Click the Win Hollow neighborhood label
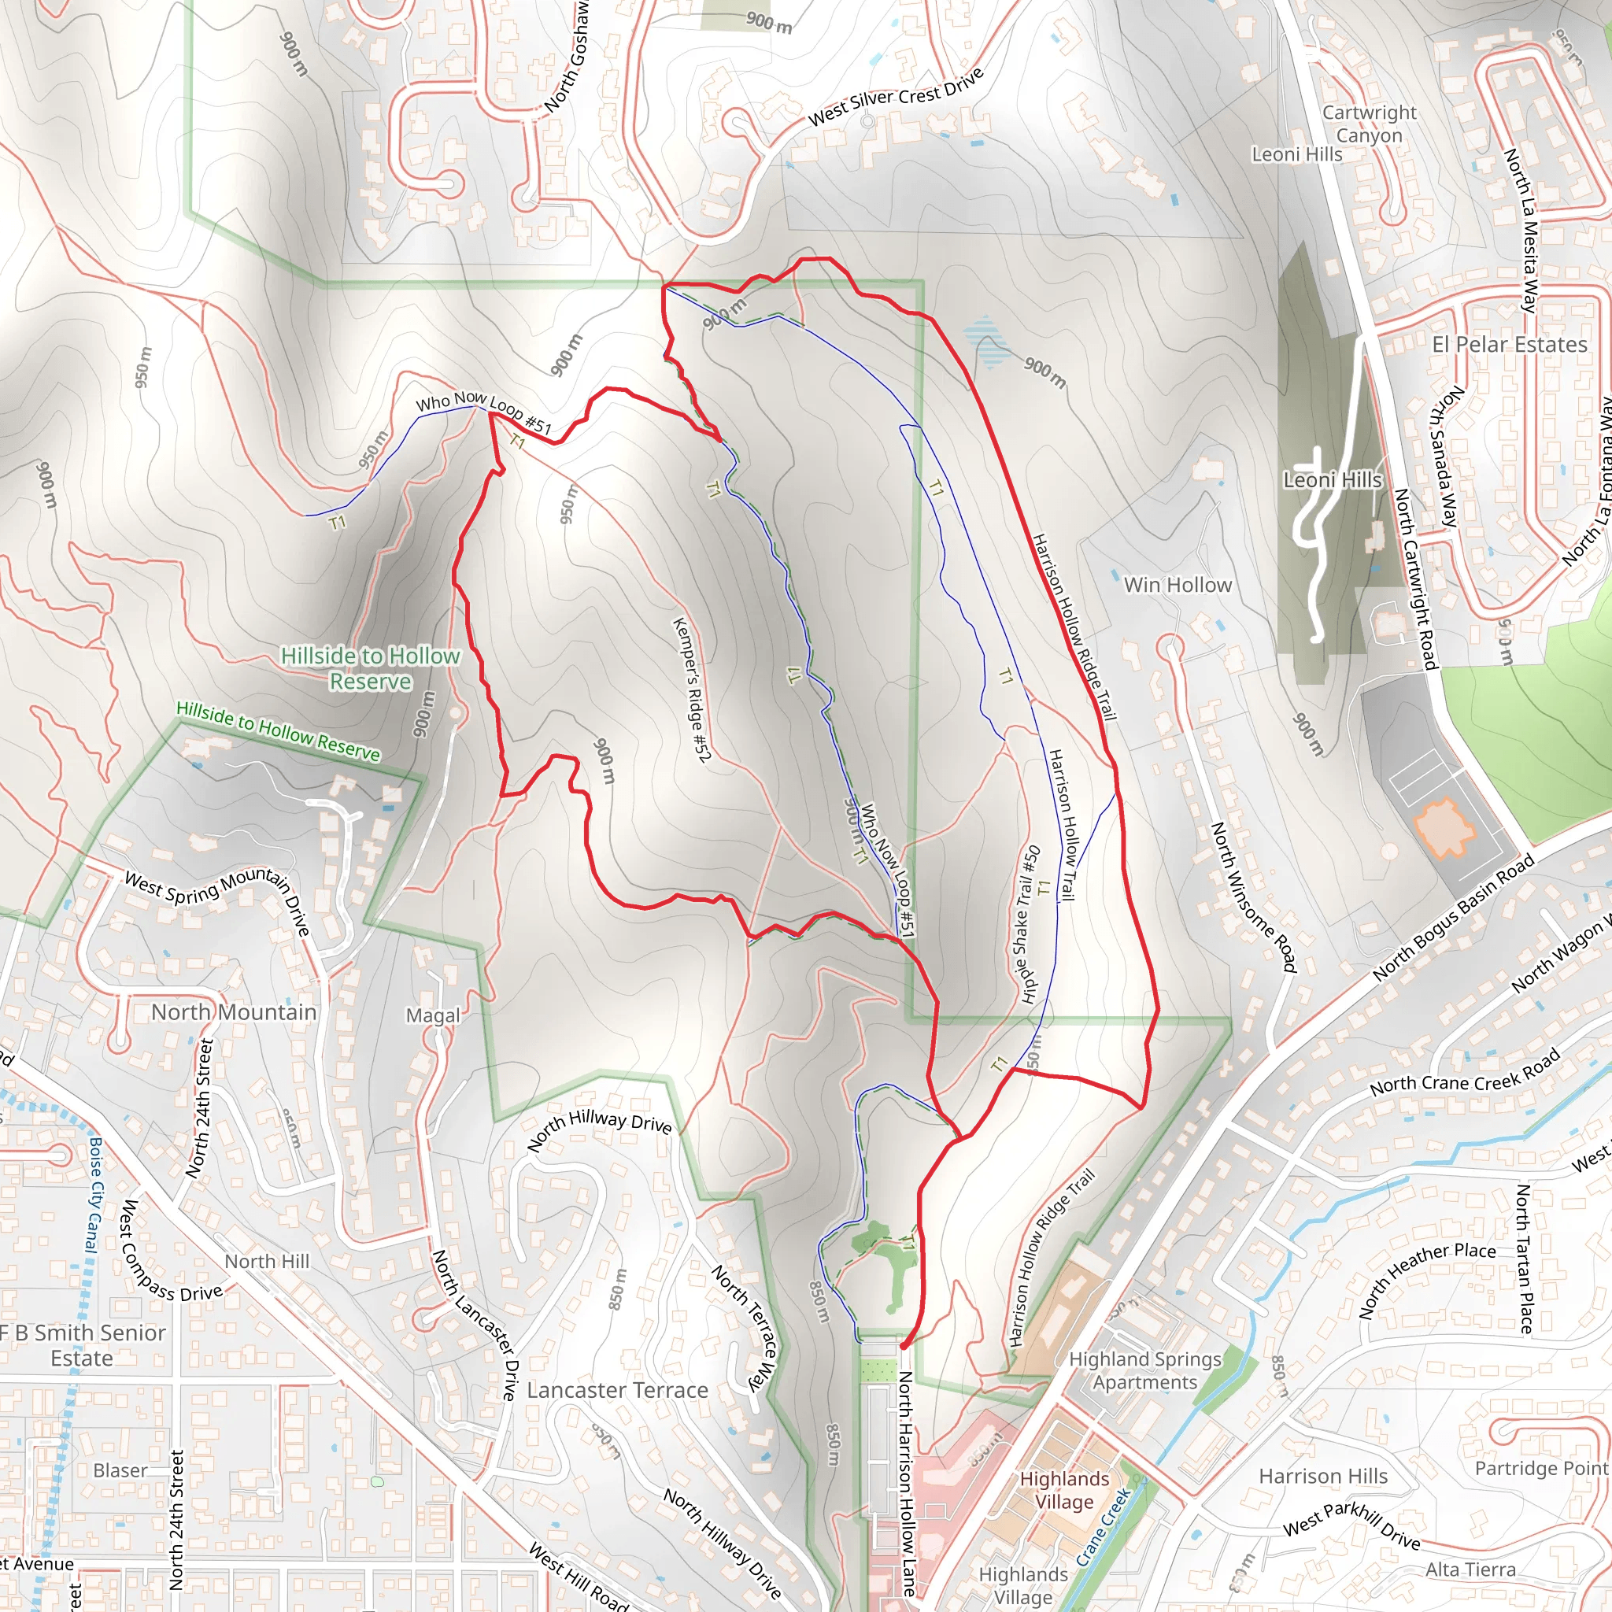point(1178,585)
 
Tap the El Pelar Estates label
point(1509,345)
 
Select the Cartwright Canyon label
point(1370,124)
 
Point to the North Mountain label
point(234,1012)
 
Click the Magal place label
point(433,1015)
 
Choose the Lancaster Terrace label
point(617,1390)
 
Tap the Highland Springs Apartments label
point(1144,1370)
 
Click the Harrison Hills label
point(1323,1476)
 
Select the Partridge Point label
point(1541,1468)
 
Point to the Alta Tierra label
point(1470,1569)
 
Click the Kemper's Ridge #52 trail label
point(692,690)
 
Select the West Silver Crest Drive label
point(895,97)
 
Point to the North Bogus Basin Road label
point(1453,916)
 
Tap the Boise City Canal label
point(94,1195)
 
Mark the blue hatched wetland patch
point(988,342)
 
